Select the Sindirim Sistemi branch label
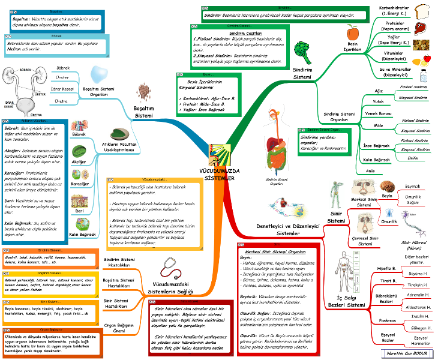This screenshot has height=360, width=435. tap(303, 73)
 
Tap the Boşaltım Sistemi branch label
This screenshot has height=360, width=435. tap(143, 112)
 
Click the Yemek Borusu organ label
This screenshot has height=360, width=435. tap(378, 113)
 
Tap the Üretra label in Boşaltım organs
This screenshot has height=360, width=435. tap(61, 101)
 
